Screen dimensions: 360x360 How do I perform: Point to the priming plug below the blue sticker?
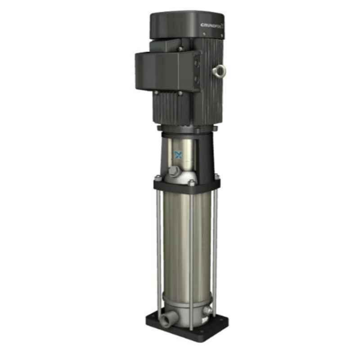173,171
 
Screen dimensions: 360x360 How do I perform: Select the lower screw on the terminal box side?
196,82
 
